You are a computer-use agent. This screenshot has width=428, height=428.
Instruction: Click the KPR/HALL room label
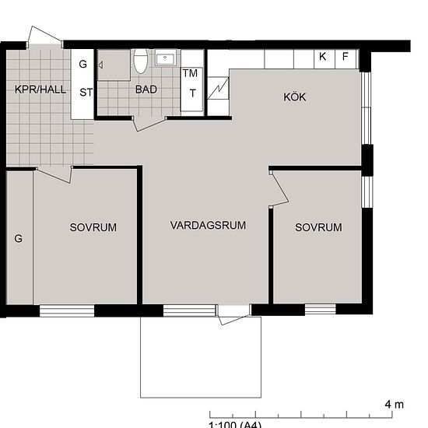[40, 89]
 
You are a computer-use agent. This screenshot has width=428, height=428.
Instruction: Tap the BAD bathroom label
[146, 89]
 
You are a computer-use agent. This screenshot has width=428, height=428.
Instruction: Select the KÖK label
[295, 96]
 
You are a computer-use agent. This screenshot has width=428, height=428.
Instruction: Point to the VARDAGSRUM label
[208, 225]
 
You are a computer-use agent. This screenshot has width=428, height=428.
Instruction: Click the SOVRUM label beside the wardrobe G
[93, 227]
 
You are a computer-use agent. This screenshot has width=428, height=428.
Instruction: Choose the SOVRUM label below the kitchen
[318, 227]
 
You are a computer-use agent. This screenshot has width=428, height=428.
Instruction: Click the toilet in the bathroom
[141, 61]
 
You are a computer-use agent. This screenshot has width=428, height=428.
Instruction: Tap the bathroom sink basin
[165, 58]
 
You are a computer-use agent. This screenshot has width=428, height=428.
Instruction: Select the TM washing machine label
[190, 73]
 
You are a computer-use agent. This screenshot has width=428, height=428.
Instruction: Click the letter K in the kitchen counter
[322, 57]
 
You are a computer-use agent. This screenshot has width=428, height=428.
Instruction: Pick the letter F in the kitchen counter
[346, 57]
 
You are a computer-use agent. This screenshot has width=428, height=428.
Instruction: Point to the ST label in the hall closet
[86, 93]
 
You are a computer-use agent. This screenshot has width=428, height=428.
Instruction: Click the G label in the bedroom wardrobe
[19, 238]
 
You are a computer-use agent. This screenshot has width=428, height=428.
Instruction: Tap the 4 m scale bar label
[395, 404]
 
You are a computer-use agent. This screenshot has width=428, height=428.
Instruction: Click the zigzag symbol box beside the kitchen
[218, 88]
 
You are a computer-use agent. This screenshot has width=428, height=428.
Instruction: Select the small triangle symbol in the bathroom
[100, 65]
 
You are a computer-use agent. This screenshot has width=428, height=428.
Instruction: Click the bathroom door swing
[149, 124]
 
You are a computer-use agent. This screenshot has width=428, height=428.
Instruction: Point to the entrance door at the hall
[44, 35]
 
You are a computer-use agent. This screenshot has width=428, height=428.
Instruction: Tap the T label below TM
[193, 93]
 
